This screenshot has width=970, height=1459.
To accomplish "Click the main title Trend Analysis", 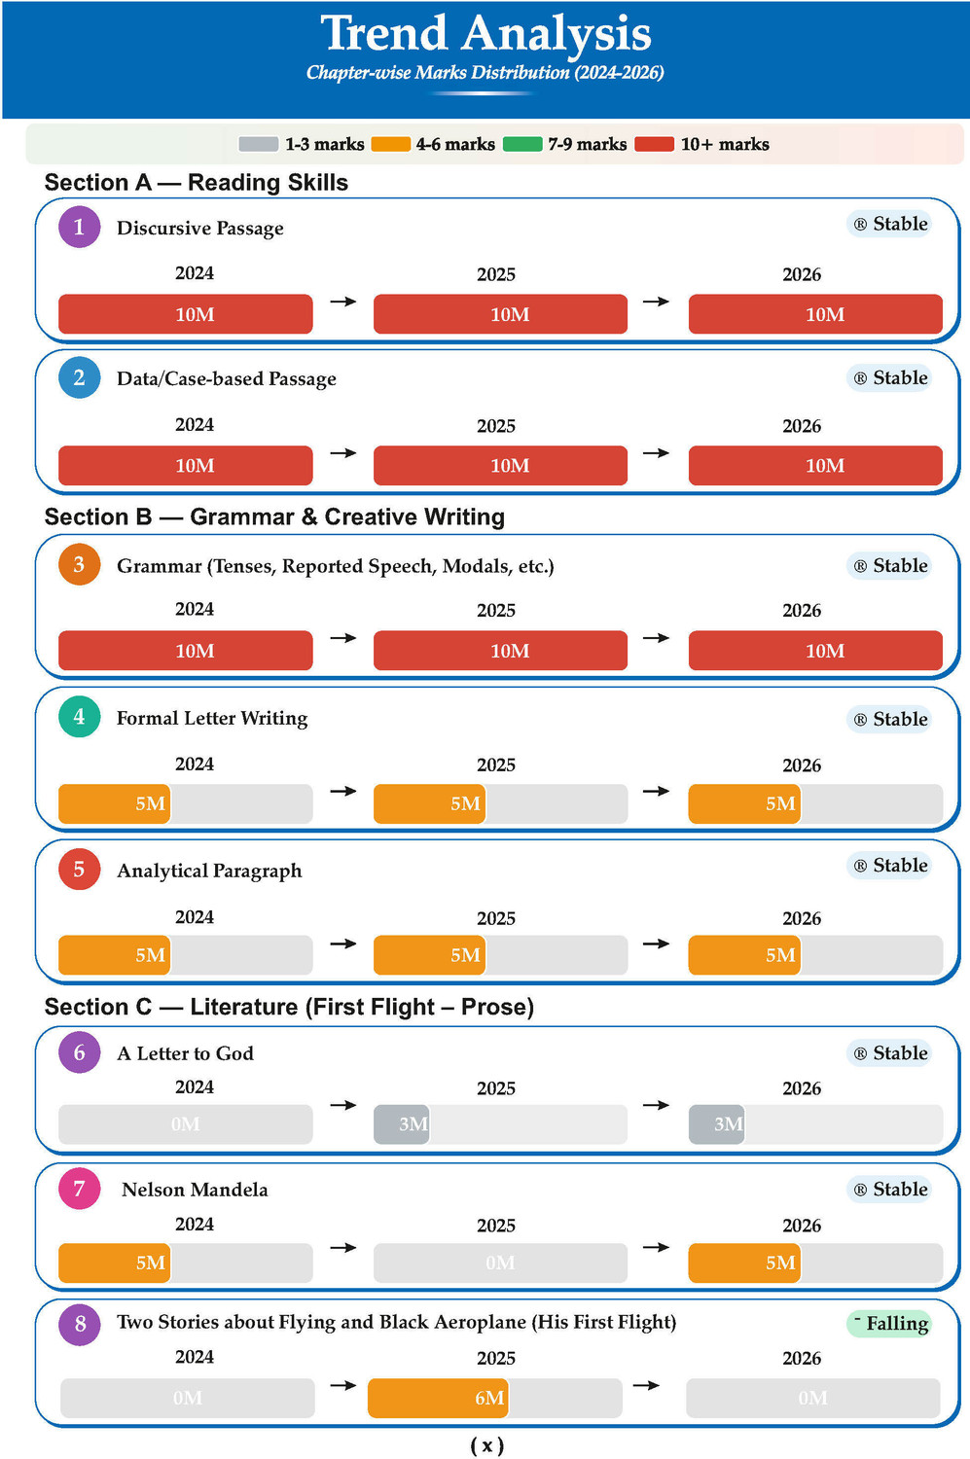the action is coord(486,33).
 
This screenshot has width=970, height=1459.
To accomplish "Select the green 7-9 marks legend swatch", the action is coord(522,144).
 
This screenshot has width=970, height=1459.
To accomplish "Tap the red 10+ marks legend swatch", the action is coord(654,144).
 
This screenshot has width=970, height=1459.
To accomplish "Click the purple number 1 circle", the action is coord(79,227).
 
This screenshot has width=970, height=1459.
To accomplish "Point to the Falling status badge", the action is coord(889,1323).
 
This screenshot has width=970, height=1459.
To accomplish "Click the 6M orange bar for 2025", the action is coord(438,1397).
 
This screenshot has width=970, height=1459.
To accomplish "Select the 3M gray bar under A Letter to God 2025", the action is coord(401,1123).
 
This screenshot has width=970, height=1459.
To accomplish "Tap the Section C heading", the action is coord(289,1007).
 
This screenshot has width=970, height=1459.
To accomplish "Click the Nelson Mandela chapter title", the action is coord(195,1190).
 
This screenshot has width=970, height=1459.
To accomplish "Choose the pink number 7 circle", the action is coord(79,1188).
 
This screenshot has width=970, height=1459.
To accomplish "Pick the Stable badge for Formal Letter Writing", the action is coord(889,719).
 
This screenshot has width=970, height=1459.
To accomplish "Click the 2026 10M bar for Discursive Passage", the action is coord(815,314).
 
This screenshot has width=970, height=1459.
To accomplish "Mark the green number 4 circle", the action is coord(79,717).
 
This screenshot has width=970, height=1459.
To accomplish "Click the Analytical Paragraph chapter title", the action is coord(209,871).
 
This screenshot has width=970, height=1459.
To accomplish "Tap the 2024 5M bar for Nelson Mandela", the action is coord(114,1263).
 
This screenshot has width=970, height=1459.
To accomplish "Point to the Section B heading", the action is coord(274,516).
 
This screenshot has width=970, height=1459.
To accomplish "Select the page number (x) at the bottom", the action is coord(486,1446).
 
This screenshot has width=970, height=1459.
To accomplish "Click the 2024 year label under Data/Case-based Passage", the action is coord(195,425).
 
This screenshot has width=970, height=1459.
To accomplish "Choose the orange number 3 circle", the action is coord(79,564).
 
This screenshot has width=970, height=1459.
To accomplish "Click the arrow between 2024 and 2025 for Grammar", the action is coord(343,638).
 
